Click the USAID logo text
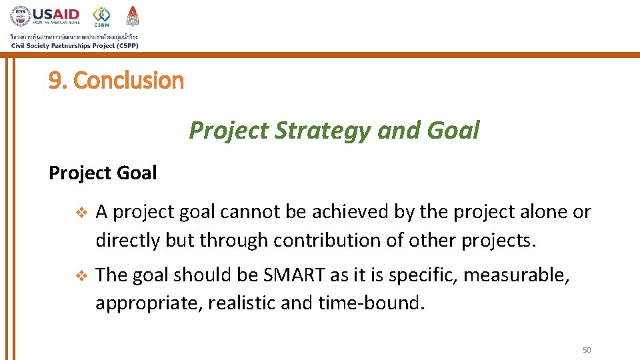[56, 14]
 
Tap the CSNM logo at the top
[101, 16]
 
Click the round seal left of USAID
[20, 16]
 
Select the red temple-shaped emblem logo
[133, 15]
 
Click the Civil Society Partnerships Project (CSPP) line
[74, 45]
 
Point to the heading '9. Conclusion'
[116, 81]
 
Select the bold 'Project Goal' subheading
[103, 173]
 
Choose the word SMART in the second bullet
[289, 275]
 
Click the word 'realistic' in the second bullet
[241, 303]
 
